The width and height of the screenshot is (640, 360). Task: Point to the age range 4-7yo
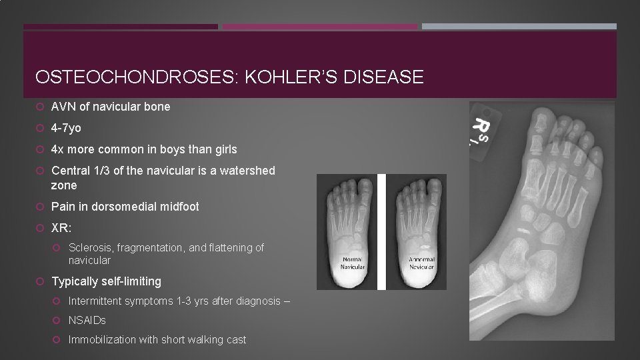[66, 128]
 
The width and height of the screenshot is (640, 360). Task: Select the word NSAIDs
[87, 321]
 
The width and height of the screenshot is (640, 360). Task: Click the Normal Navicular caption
[353, 262]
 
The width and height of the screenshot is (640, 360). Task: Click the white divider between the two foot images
[382, 232]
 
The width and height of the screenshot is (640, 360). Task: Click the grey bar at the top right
[519, 27]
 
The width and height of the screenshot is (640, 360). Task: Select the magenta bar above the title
[319, 27]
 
